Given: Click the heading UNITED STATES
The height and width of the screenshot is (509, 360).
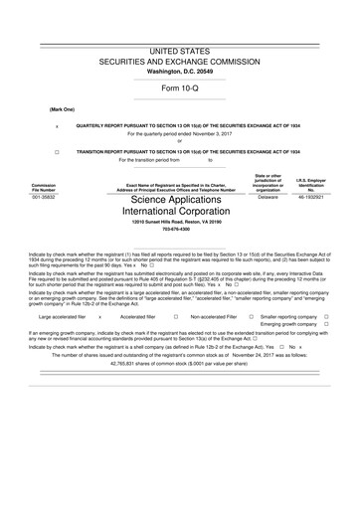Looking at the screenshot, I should (180, 49).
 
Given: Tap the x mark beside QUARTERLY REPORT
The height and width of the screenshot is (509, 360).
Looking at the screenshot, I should (57, 126).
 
